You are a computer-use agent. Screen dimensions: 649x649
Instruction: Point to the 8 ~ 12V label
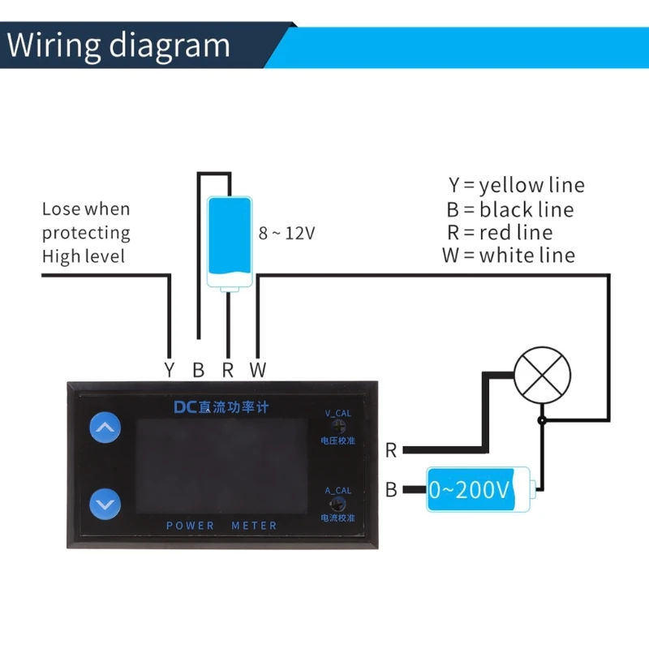pos(286,233)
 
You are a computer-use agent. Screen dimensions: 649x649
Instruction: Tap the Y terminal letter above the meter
pos(169,371)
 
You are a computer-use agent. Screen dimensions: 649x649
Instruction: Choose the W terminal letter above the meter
pos(257,371)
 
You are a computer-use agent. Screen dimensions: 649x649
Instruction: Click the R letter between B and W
pos(228,371)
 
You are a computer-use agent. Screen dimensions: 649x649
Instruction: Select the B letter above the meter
pos(199,371)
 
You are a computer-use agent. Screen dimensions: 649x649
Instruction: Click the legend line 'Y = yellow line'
pos(517,185)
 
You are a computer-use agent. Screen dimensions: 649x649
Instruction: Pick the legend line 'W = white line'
pos(509,256)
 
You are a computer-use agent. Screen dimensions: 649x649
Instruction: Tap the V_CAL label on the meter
pos(338,413)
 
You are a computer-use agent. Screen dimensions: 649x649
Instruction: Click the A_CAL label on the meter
pos(337,491)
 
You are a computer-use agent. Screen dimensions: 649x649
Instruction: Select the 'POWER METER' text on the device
pos(221,526)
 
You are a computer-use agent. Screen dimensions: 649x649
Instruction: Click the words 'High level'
pos(84,256)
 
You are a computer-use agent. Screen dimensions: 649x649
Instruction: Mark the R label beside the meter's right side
pos(391,450)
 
